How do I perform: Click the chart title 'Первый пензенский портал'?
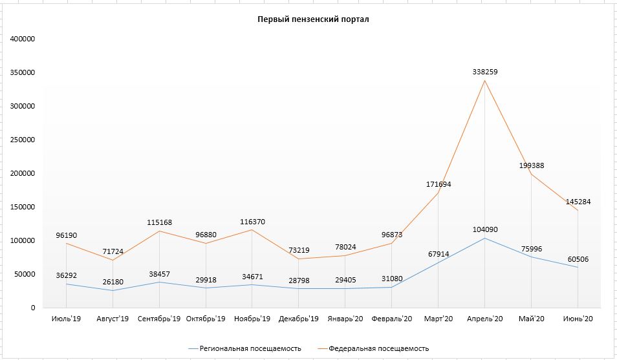[313, 19]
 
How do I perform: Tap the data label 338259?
[485, 72]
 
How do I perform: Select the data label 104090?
[485, 229]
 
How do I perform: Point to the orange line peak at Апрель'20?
[485, 81]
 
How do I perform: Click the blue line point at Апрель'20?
[485, 238]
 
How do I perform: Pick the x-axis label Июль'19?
[66, 319]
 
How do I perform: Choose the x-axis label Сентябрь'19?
[159, 319]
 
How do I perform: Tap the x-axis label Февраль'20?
[391, 319]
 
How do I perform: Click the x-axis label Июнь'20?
[578, 319]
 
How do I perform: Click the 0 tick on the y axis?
[33, 308]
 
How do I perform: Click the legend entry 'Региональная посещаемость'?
[244, 348]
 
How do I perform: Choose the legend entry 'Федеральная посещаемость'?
[373, 348]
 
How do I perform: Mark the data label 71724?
[113, 251]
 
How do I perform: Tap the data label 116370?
[253, 222]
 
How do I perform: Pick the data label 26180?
[113, 282]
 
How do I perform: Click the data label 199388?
[532, 165]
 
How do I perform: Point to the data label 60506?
[578, 259]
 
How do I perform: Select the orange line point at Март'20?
[438, 193]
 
